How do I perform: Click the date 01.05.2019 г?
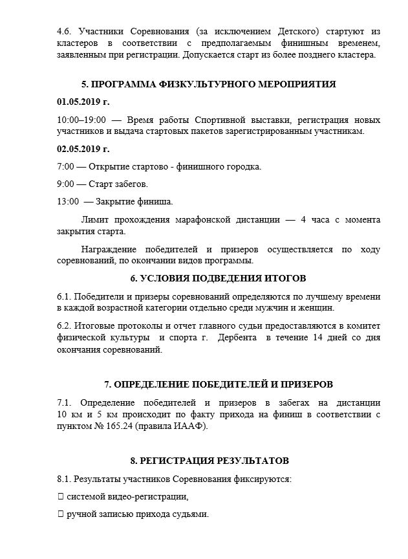tap(83, 102)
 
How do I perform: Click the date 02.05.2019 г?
tap(83, 149)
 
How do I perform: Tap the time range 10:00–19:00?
tap(81, 120)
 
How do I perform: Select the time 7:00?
tap(65, 167)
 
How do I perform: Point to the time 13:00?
tap(68, 201)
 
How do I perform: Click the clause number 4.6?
tap(65, 31)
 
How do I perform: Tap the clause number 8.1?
tap(65, 479)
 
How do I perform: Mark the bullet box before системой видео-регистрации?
tap(60, 497)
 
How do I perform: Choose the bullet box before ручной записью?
tap(60, 514)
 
